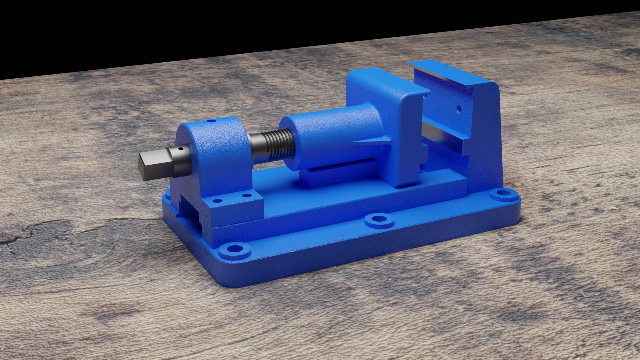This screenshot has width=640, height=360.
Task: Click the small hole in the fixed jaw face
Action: pos(459,109)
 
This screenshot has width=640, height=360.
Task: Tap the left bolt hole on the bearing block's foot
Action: pos(217,201)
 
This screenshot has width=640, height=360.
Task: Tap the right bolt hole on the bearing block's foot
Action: pos(247,196)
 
